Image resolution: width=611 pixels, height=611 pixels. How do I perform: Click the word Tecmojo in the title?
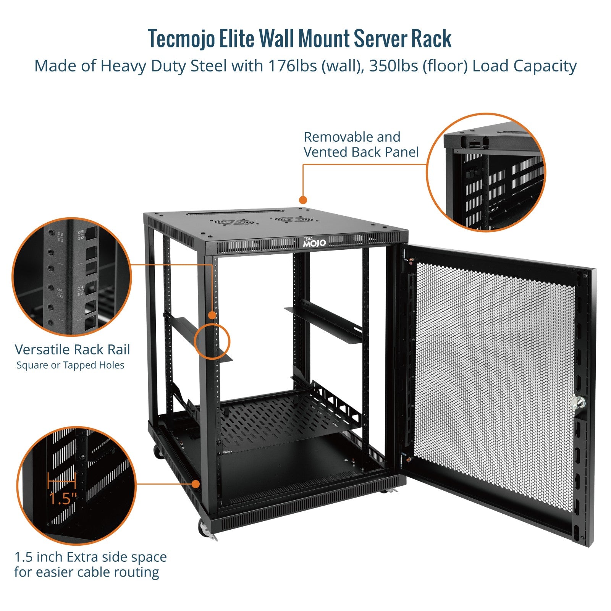pos(181,39)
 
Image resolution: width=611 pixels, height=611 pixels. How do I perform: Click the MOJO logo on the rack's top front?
pos(315,242)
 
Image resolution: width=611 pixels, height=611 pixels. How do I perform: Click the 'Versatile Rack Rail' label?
pos(72,349)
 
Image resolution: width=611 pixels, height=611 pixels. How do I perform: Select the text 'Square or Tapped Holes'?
pos(70,365)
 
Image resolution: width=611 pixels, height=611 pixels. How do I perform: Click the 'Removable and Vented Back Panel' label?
pos(361,144)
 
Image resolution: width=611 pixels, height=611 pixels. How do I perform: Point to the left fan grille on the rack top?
pos(233,222)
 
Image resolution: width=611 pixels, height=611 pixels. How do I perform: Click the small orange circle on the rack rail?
pos(212,341)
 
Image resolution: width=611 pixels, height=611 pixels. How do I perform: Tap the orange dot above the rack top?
pos(303,200)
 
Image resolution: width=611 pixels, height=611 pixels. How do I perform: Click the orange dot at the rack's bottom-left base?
pos(196,484)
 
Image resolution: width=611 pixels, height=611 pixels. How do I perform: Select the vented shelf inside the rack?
pos(283,416)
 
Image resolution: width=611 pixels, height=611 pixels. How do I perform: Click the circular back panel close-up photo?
pos(486,173)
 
